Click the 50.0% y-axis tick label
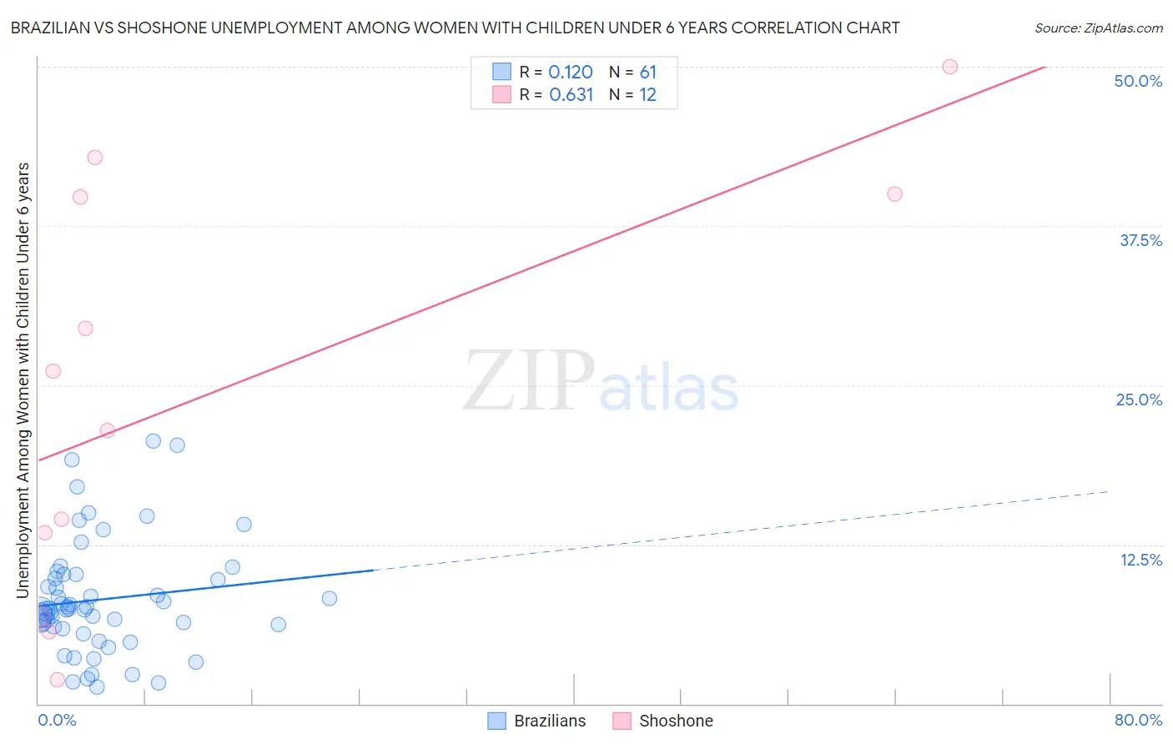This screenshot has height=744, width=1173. pos(1138,81)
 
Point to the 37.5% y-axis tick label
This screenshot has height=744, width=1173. pos(1140,240)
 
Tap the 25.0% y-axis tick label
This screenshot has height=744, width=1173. pos(1139,400)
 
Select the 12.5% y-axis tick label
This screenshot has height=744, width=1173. pos(1140,560)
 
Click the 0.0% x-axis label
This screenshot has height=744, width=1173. pos(57,720)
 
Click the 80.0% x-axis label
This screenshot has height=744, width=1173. pos(1138,720)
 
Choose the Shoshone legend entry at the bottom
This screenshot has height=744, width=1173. pos(663,721)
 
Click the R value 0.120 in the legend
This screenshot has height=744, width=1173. pos(571,73)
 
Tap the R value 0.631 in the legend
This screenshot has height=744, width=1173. pos(571,95)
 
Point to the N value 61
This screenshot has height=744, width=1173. pos(648,73)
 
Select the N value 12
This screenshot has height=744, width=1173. pos(648,95)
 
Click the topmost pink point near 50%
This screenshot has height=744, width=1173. pos(949,67)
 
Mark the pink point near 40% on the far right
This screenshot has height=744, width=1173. pos(894,194)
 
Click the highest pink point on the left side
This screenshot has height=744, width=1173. pos(95,158)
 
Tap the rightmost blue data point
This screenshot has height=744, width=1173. pos(330,598)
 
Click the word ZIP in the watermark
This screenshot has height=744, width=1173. pos(529,382)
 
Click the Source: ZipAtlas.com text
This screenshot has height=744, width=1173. pos(1098,28)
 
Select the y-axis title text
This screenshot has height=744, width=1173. pos(23,380)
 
